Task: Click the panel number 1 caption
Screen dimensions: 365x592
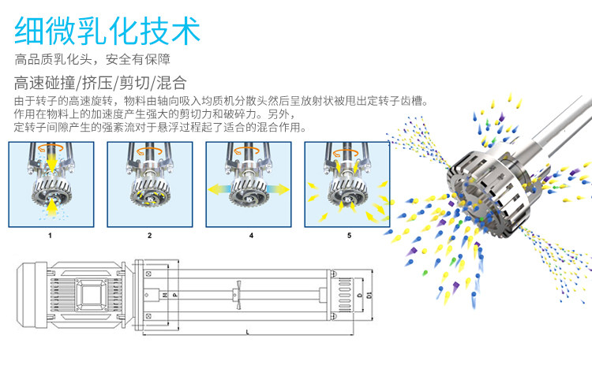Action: click(x=50, y=235)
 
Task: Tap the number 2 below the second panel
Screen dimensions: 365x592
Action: click(x=149, y=235)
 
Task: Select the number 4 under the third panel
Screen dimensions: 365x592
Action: click(x=250, y=235)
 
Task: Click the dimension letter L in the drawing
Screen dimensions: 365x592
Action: click(x=248, y=333)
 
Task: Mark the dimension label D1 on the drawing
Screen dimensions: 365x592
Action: click(x=369, y=296)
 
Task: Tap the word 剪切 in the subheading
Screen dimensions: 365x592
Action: click(x=133, y=82)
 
